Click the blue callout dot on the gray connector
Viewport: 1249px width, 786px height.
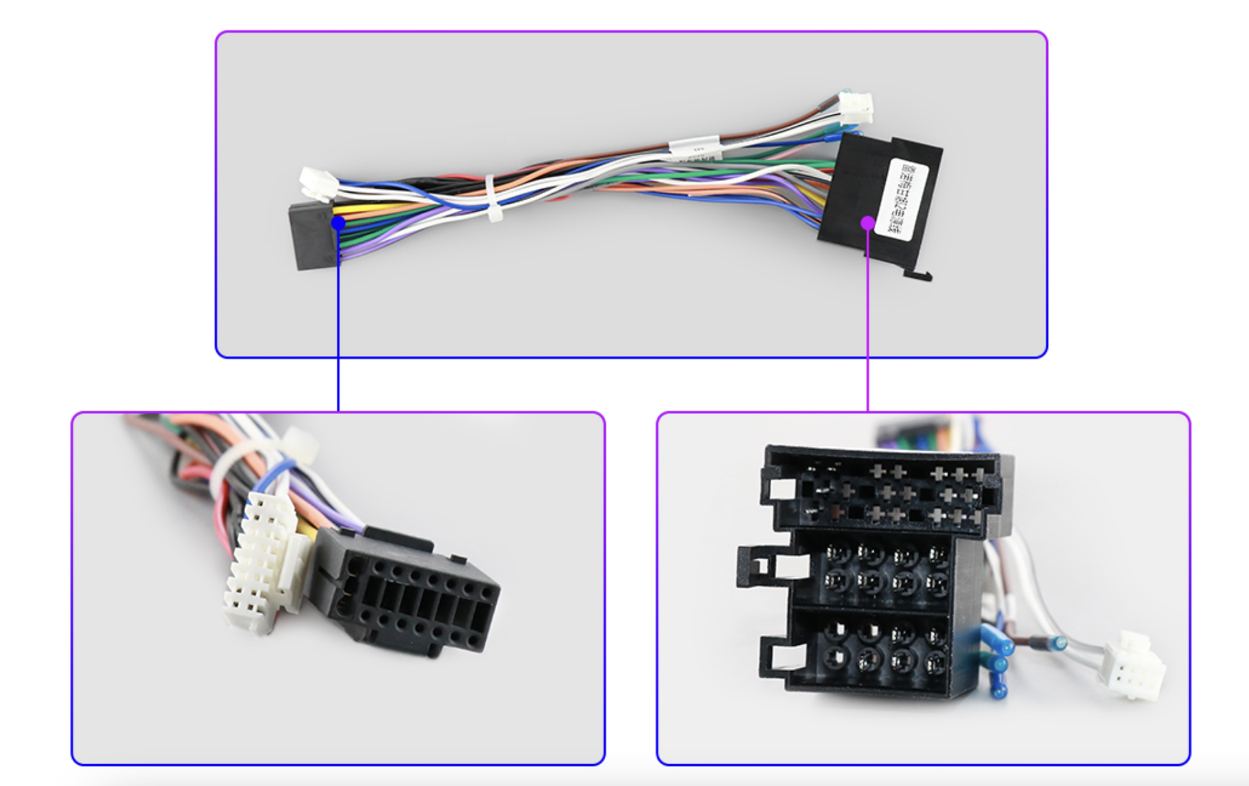point(338,223)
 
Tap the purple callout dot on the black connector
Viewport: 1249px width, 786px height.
point(867,223)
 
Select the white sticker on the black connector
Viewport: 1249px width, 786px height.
point(903,198)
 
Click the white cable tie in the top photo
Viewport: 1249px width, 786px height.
point(492,197)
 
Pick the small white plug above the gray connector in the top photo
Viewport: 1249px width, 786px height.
point(318,182)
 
